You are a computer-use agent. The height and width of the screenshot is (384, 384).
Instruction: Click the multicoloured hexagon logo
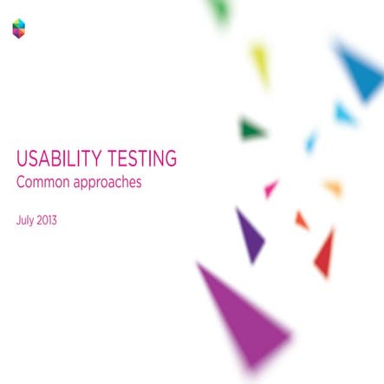[x=18, y=29]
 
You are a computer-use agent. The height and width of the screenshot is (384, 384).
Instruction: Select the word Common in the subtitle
[x=42, y=183]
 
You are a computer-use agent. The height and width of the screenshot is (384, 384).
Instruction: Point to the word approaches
[x=107, y=184]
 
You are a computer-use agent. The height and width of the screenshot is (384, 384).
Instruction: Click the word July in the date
[x=25, y=220]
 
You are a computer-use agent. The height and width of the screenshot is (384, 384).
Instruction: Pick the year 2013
[x=47, y=220]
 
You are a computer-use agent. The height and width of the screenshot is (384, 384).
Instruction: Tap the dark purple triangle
[x=250, y=233]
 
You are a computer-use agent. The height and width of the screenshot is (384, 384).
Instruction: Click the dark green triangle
[x=251, y=131]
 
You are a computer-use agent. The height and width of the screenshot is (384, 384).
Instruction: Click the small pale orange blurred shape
[x=334, y=187]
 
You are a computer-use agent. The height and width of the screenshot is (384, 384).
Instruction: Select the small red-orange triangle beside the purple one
[x=301, y=220]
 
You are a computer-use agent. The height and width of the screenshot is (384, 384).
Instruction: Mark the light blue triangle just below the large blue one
[x=344, y=113]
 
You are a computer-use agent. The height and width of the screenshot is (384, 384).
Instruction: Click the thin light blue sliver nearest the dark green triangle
[x=310, y=142]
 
